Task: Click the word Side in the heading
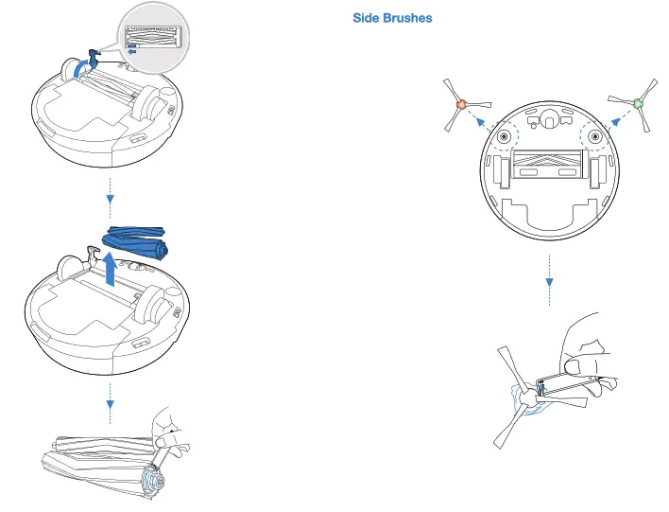click(368, 19)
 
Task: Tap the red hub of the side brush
click(461, 103)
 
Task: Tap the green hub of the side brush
click(638, 103)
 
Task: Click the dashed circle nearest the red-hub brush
click(506, 136)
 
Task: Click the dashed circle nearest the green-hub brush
click(595, 136)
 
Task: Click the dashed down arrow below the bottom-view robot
click(550, 279)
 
